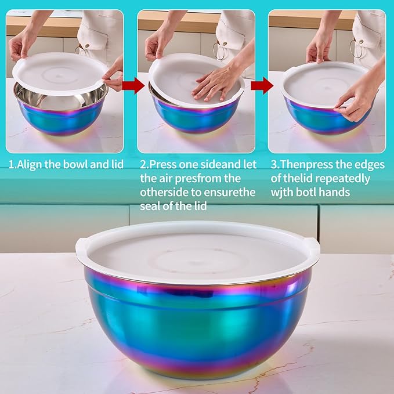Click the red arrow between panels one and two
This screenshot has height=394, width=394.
pyautogui.click(x=134, y=87)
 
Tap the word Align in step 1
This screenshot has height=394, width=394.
pyautogui.click(x=31, y=165)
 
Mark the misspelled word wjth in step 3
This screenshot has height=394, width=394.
pyautogui.click(x=283, y=191)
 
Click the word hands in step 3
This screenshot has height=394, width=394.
pyautogui.click(x=338, y=191)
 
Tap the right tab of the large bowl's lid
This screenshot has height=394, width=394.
pyautogui.click(x=314, y=244)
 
